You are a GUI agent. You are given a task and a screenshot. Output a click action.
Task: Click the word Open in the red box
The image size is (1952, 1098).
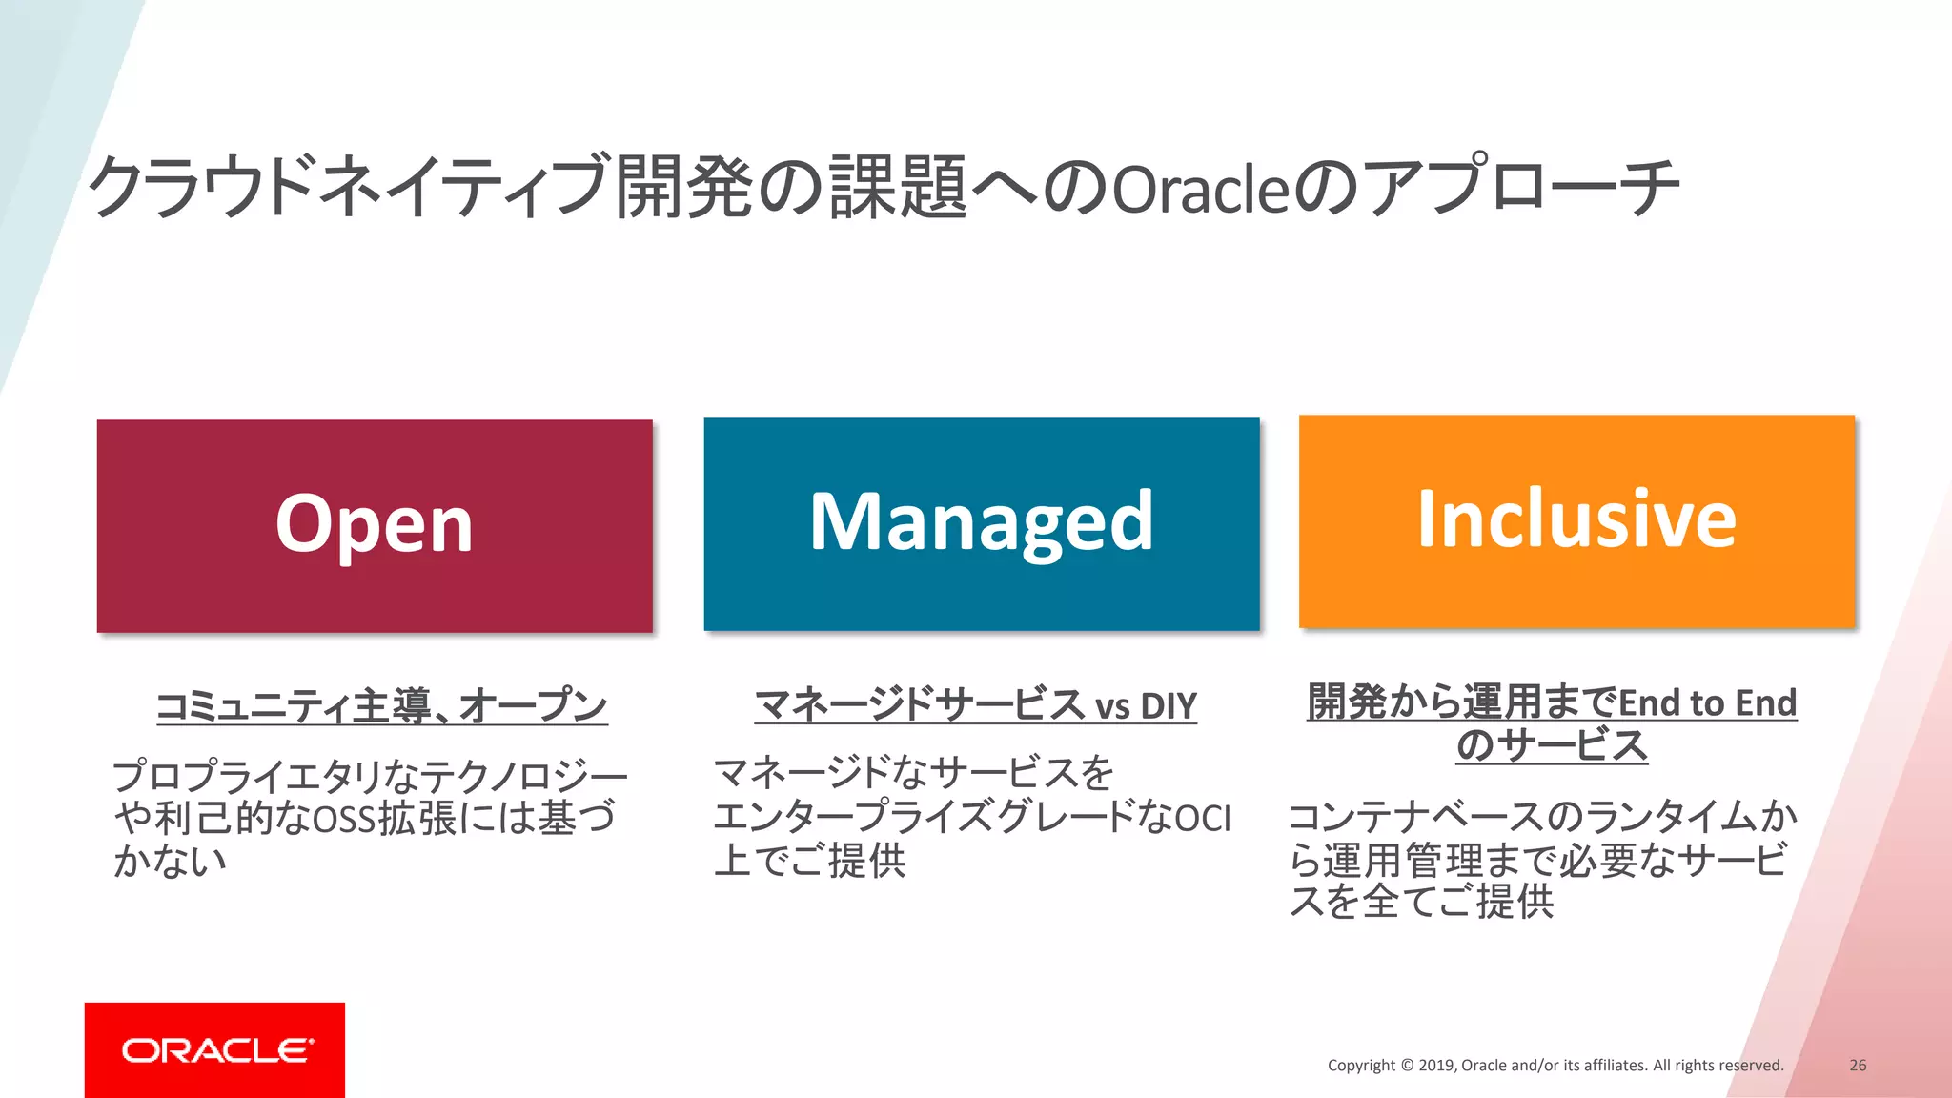(x=374, y=525)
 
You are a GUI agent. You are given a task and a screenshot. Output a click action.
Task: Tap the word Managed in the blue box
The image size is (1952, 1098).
(x=981, y=523)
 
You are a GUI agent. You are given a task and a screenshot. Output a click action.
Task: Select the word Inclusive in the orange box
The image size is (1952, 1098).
(x=1576, y=519)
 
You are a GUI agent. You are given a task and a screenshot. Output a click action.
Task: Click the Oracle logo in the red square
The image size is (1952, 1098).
(x=216, y=1050)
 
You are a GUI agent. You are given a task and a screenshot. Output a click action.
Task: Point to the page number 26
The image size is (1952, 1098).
(x=1858, y=1065)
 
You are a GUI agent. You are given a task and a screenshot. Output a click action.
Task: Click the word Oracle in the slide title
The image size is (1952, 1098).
(x=1200, y=189)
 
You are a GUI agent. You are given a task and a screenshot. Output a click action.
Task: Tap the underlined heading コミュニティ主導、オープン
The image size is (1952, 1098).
(x=381, y=706)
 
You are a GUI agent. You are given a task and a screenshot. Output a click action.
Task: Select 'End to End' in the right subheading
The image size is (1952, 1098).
(x=1708, y=703)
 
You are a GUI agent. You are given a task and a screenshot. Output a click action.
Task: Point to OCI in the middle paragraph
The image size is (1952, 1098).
(x=1203, y=819)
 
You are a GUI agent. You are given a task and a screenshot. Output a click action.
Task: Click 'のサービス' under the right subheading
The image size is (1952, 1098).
(x=1552, y=745)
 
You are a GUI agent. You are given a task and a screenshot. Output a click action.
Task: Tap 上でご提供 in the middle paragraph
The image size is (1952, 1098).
(x=809, y=861)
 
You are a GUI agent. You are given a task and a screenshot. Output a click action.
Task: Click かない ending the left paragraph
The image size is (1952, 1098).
(x=170, y=861)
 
